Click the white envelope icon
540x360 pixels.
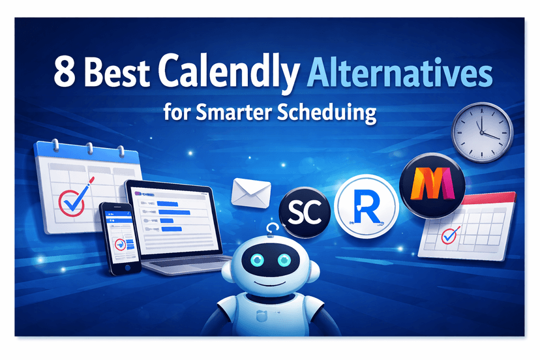tap(250, 190)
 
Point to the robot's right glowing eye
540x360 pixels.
tap(285, 261)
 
